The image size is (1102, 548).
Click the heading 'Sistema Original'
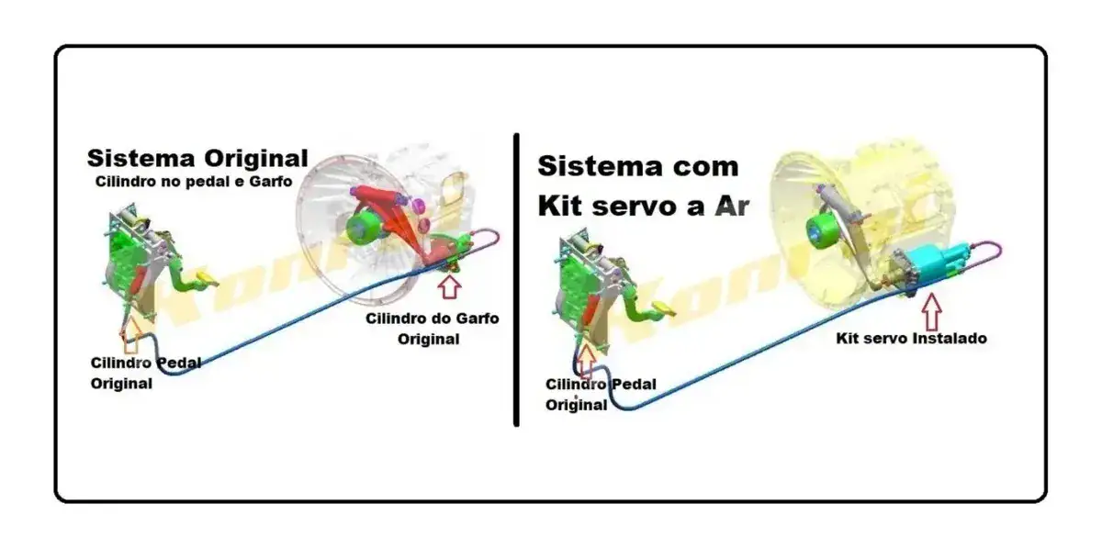197,159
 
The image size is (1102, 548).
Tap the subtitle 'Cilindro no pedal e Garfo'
194,182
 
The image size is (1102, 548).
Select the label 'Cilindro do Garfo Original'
432,329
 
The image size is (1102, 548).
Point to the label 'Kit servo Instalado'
912,339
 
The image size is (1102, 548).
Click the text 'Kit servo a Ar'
643,207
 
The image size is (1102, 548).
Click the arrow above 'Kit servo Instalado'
931,312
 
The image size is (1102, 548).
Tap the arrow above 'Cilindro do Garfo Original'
449,286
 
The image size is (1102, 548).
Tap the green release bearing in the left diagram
363,228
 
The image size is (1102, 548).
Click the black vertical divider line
516,279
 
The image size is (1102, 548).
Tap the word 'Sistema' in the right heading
599,166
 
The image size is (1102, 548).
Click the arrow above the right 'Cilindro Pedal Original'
586,361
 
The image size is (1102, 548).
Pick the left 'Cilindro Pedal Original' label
146,374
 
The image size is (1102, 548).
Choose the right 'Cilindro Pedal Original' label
601,395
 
